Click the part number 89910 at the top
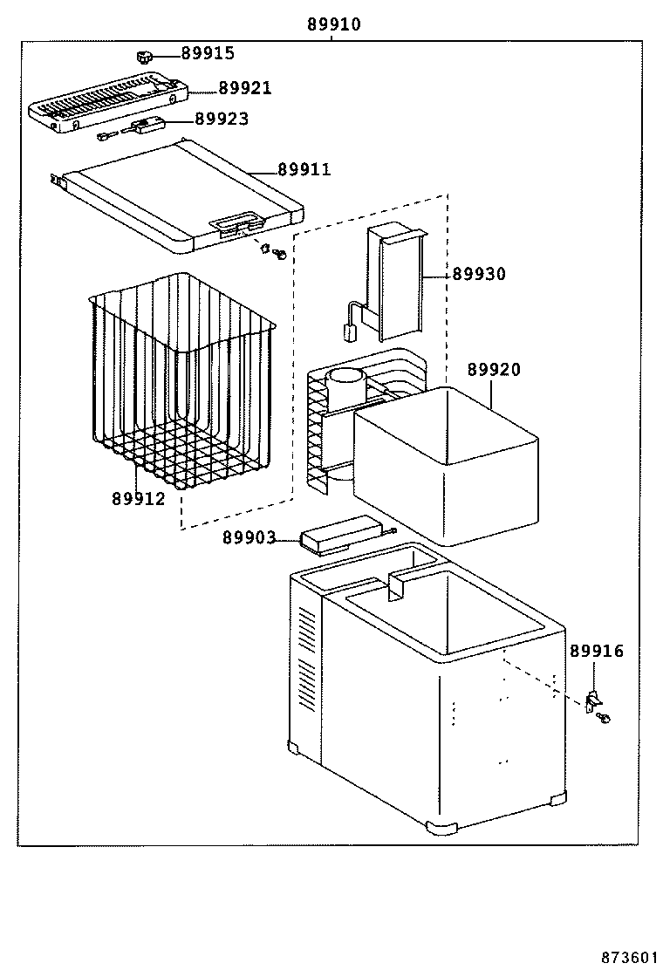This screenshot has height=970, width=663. point(333,25)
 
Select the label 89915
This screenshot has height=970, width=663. point(208,54)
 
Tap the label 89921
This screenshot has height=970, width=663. point(244,88)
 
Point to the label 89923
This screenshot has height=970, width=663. point(222,119)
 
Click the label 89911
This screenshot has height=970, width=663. point(304,169)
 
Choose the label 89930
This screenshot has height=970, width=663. point(478,274)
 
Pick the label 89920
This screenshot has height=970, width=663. point(493,370)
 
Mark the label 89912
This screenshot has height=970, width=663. point(138,499)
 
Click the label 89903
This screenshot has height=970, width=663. point(249,539)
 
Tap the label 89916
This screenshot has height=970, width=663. point(597,652)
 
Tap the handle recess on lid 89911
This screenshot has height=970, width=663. point(234,222)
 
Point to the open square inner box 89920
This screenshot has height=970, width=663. point(445,462)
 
